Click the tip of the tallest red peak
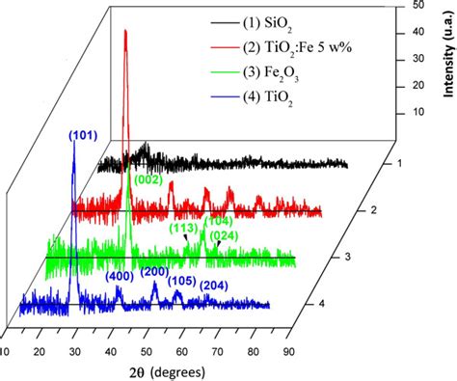(x=125, y=31)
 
